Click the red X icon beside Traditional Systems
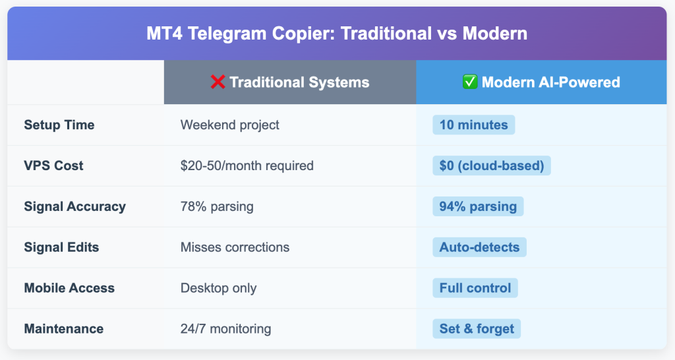(x=218, y=82)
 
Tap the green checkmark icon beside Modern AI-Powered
(x=470, y=82)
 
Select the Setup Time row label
(x=59, y=125)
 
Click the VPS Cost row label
(x=54, y=165)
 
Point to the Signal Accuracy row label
(x=75, y=206)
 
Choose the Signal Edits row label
(x=61, y=247)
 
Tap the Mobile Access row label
(x=69, y=288)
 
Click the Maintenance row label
(x=64, y=329)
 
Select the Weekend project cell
(x=230, y=125)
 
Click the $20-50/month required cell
(x=247, y=165)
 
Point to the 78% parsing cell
(x=217, y=206)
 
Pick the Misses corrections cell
(x=235, y=247)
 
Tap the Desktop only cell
(x=219, y=288)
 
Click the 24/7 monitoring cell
(x=226, y=329)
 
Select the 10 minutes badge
(x=473, y=125)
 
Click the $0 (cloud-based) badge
(x=492, y=165)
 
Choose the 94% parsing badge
(x=478, y=206)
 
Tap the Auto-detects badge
(x=480, y=247)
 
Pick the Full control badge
(x=475, y=288)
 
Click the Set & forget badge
(x=477, y=329)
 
